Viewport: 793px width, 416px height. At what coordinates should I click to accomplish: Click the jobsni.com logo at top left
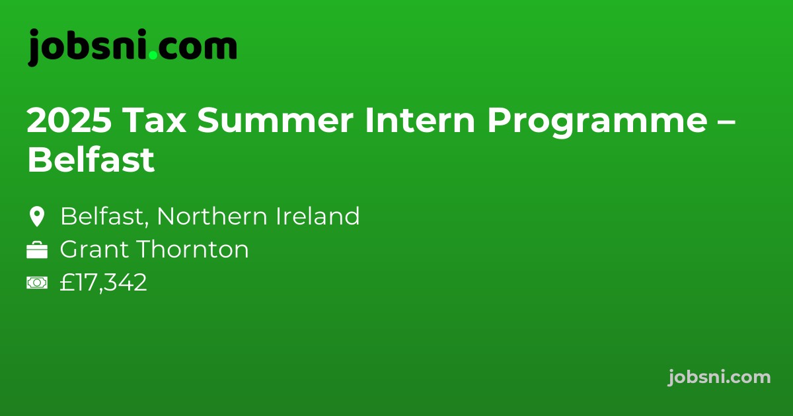pyautogui.click(x=132, y=48)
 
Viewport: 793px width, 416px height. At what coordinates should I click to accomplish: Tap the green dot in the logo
pyautogui.click(x=153, y=56)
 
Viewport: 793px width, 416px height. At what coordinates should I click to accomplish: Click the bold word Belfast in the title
pyautogui.click(x=91, y=160)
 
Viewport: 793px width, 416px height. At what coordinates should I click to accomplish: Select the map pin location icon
pyautogui.click(x=36, y=217)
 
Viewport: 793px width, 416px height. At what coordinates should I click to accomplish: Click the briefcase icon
pyautogui.click(x=36, y=250)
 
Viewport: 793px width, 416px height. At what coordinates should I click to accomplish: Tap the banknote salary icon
pyautogui.click(x=36, y=283)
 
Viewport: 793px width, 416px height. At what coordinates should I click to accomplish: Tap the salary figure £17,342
pyautogui.click(x=103, y=283)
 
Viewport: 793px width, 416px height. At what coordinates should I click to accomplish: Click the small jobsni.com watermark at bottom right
pyautogui.click(x=719, y=377)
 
